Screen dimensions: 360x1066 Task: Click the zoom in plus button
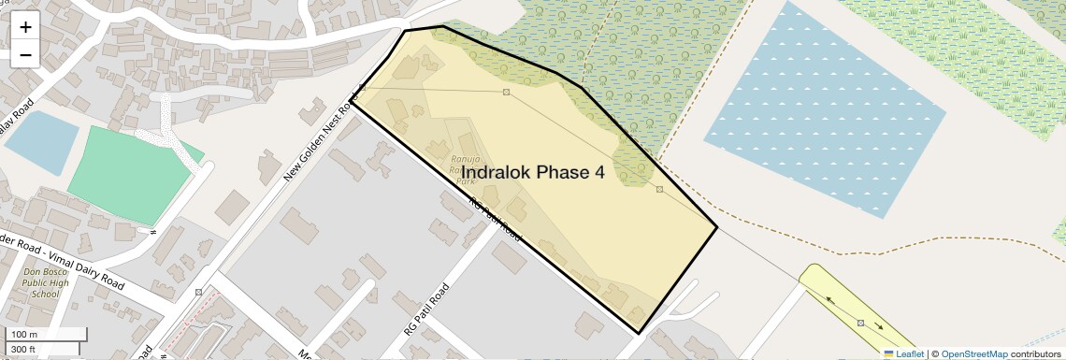pyautogui.click(x=25, y=26)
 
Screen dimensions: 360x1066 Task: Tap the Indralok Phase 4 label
pyautogui.click(x=533, y=172)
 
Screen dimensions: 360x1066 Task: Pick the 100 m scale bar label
pyautogui.click(x=24, y=335)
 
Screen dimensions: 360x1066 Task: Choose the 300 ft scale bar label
pyautogui.click(x=24, y=350)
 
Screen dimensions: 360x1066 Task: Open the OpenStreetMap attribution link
pyautogui.click(x=973, y=353)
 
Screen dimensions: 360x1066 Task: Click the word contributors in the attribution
pyautogui.click(x=1036, y=353)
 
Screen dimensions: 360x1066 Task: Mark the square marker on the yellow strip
pyautogui.click(x=860, y=323)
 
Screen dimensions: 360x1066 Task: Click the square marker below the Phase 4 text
pyautogui.click(x=659, y=189)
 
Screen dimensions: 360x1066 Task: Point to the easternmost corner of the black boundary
pyautogui.click(x=717, y=226)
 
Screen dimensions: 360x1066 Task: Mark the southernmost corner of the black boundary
pyautogui.click(x=639, y=334)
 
